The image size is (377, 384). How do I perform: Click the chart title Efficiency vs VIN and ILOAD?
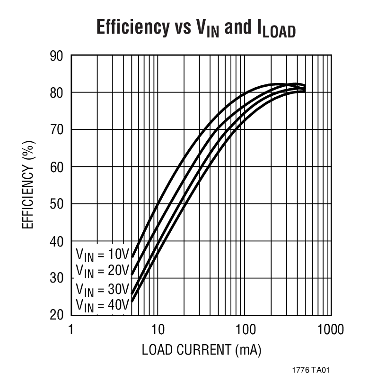pos(196,28)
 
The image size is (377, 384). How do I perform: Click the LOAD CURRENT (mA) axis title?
pos(202,351)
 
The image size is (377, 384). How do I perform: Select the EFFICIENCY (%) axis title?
pos(28,185)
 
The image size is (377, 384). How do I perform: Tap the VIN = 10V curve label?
pos(102,255)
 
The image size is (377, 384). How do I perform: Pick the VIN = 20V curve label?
pos(102,271)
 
